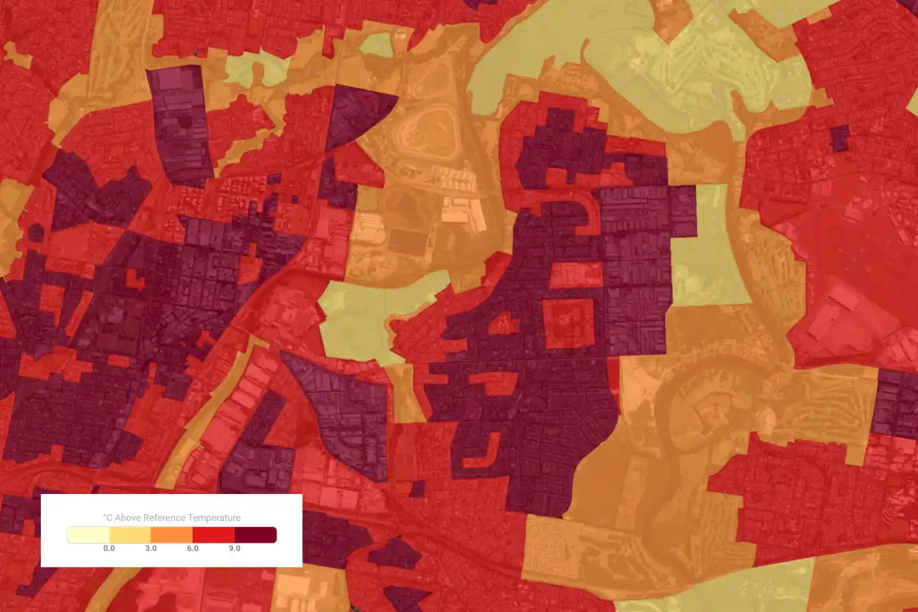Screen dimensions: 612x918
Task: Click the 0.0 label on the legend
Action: [109, 548]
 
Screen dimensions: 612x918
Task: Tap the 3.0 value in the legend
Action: [150, 548]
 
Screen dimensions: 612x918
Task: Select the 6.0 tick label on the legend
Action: [193, 548]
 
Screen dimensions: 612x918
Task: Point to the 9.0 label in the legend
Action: [234, 548]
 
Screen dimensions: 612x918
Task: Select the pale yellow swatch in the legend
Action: [88, 535]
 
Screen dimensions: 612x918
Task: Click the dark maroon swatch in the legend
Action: [255, 535]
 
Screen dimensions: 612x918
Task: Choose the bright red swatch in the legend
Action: [213, 535]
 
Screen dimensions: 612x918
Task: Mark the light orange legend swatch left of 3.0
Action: [130, 535]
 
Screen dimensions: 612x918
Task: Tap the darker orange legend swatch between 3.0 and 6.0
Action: [172, 535]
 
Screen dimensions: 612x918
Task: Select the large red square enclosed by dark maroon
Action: [569, 323]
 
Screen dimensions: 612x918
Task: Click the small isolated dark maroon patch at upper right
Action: [840, 138]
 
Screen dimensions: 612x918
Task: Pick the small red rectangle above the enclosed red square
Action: [576, 275]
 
